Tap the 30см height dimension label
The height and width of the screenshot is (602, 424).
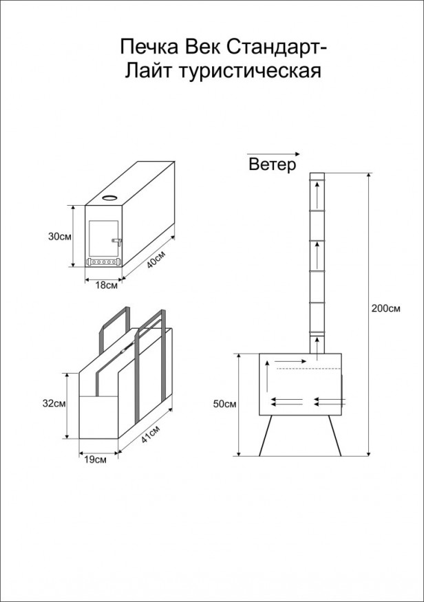[59, 237]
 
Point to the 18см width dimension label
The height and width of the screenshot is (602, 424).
[106, 286]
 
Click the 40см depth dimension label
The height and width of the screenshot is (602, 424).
[156, 261]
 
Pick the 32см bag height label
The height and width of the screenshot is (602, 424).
[54, 403]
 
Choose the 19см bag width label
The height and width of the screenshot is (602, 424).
[95, 460]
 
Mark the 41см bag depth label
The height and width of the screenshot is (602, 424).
[151, 435]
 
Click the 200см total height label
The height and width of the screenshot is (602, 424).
[386, 308]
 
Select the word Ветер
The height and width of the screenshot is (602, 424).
[273, 164]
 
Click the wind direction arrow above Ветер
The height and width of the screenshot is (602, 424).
[273, 153]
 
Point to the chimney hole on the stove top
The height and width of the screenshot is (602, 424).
[110, 198]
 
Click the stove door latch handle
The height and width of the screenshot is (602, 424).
[117, 241]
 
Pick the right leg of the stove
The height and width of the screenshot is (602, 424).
[335, 436]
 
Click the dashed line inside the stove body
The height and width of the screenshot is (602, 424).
[308, 369]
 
